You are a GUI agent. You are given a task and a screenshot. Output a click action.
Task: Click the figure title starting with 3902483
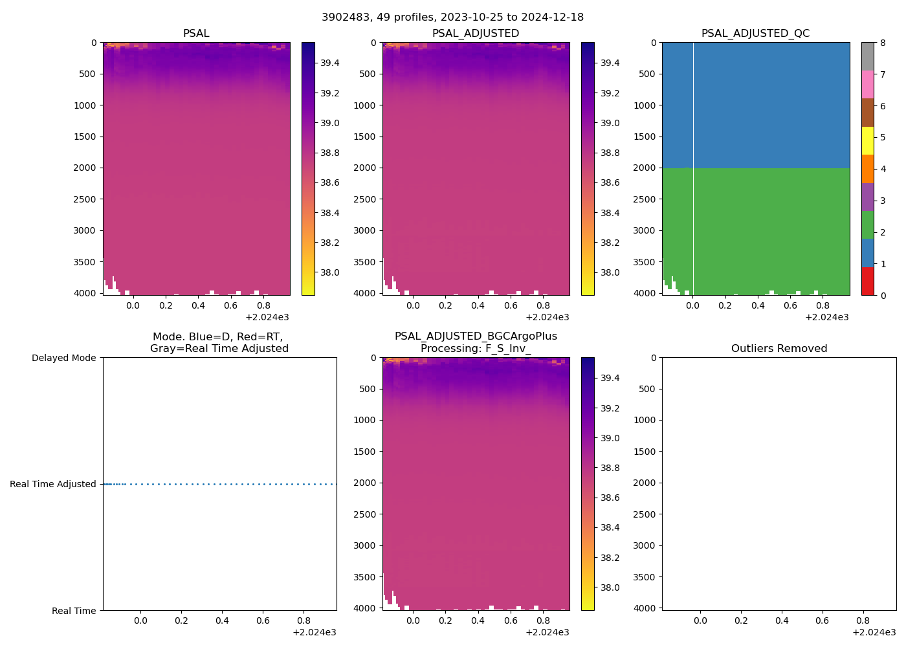point(452,17)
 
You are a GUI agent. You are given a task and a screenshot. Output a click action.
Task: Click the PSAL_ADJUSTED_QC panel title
point(755,34)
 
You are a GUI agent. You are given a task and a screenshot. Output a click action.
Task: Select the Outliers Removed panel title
point(779,349)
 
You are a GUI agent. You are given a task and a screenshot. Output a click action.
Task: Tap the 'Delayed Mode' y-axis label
point(63,358)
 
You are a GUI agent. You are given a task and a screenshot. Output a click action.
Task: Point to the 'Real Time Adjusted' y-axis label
point(52,484)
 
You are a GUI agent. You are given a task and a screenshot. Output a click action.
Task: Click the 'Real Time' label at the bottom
point(74,611)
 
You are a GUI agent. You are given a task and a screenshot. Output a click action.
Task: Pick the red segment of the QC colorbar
point(867,281)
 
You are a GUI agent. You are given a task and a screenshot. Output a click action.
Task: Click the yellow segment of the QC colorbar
point(867,141)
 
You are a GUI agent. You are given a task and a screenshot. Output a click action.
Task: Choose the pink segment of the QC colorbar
point(867,85)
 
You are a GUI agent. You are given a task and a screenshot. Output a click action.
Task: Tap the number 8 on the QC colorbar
point(883,43)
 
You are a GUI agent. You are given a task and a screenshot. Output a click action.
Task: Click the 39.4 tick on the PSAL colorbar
point(330,63)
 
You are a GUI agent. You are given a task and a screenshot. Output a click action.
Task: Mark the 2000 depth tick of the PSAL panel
point(85,168)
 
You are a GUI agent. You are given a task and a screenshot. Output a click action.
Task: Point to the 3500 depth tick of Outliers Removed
point(644,577)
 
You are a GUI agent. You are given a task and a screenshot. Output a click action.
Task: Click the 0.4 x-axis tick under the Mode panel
point(222,621)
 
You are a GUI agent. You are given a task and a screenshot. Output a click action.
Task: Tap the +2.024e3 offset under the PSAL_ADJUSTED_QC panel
point(826,317)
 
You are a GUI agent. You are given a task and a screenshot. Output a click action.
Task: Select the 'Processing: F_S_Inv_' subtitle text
point(476,349)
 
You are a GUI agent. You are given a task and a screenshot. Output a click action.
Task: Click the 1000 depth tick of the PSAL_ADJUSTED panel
point(364,105)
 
